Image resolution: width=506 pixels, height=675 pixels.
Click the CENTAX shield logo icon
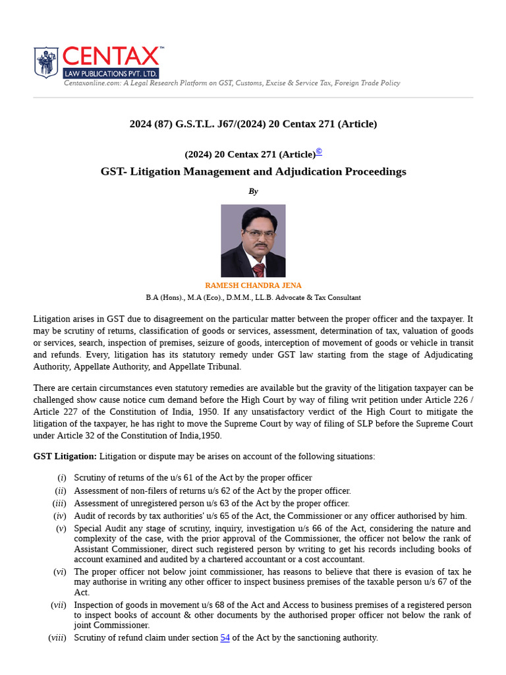coord(45,62)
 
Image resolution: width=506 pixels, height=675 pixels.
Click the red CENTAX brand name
coord(110,57)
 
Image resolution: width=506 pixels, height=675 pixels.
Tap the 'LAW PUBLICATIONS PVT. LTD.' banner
coord(110,73)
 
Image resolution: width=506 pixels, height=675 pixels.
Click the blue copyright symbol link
coord(319,152)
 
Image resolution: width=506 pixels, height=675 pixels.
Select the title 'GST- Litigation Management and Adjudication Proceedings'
coord(253,171)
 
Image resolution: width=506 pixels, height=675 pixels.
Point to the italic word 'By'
coord(253,191)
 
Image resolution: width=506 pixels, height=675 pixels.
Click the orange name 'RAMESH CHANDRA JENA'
coord(253,285)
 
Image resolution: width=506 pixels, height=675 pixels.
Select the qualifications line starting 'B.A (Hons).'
coord(253,297)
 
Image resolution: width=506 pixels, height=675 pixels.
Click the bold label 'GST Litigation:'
coord(65,456)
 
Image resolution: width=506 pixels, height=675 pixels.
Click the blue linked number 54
coord(225,637)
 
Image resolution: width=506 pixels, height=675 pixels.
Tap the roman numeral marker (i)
coord(61,478)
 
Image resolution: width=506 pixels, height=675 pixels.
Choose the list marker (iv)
coord(59,516)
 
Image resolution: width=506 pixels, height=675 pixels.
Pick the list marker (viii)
coord(57,637)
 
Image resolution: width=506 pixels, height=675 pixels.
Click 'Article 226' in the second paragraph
coord(451,400)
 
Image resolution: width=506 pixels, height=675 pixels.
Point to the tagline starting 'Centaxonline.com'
coord(231,83)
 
